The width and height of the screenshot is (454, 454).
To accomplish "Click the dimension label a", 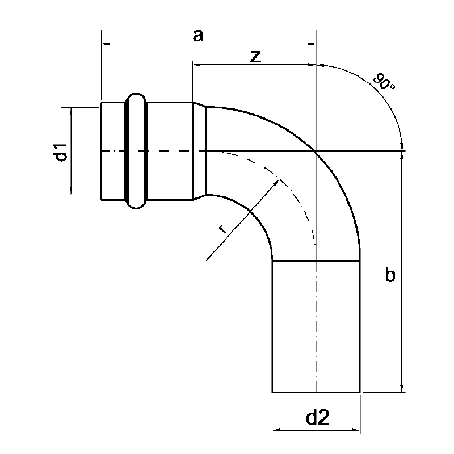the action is (x=198, y=36).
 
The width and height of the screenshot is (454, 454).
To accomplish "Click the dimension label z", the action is (x=255, y=56).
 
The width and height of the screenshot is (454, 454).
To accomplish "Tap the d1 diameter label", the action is (x=60, y=152).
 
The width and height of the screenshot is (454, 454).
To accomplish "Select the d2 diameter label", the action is (x=318, y=418).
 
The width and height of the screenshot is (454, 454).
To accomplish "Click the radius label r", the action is (x=222, y=229).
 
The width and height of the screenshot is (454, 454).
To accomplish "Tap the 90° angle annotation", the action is (x=384, y=82).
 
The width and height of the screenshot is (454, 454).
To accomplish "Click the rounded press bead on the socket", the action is (x=136, y=151).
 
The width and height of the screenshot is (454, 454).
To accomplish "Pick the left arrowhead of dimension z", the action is (x=197, y=65).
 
